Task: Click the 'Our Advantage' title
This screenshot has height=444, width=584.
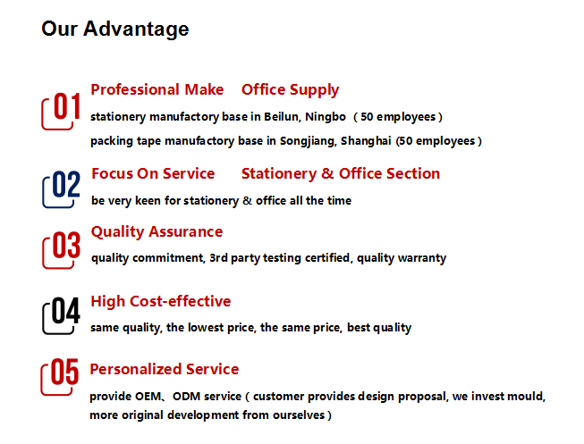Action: (x=115, y=29)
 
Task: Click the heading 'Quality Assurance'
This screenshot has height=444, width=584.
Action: (x=157, y=232)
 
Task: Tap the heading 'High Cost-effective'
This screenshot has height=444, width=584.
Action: (x=160, y=301)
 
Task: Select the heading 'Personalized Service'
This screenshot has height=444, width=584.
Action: (x=165, y=369)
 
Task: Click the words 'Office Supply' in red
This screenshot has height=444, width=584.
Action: (x=290, y=90)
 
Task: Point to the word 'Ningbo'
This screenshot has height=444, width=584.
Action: (x=326, y=117)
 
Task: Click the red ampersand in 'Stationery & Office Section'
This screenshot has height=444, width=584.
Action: (x=327, y=174)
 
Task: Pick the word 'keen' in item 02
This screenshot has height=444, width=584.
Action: (x=148, y=201)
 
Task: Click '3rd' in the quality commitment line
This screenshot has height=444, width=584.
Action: (x=218, y=258)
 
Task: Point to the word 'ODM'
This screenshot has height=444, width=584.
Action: (x=187, y=397)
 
